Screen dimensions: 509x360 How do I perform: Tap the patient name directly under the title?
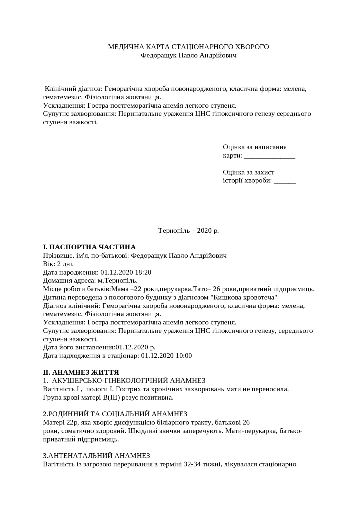188,55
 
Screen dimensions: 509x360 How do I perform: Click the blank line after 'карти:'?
270,156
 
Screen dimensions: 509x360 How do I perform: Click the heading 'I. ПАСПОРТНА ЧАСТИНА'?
89,247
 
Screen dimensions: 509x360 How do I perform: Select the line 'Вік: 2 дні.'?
58,264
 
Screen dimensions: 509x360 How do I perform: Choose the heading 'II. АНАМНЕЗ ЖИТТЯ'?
81,373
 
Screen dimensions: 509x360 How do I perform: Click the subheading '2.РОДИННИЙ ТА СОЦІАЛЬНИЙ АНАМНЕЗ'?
115,414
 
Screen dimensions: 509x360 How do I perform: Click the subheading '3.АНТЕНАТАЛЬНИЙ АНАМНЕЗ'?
96,456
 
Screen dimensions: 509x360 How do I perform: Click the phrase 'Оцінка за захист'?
249,172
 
